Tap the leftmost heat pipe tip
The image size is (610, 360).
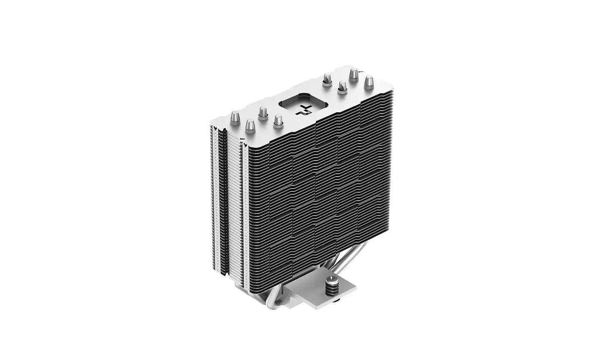coord(235,116)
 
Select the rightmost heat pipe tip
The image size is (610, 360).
coord(369,80)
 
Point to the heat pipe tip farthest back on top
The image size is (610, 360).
coord(353,75)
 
